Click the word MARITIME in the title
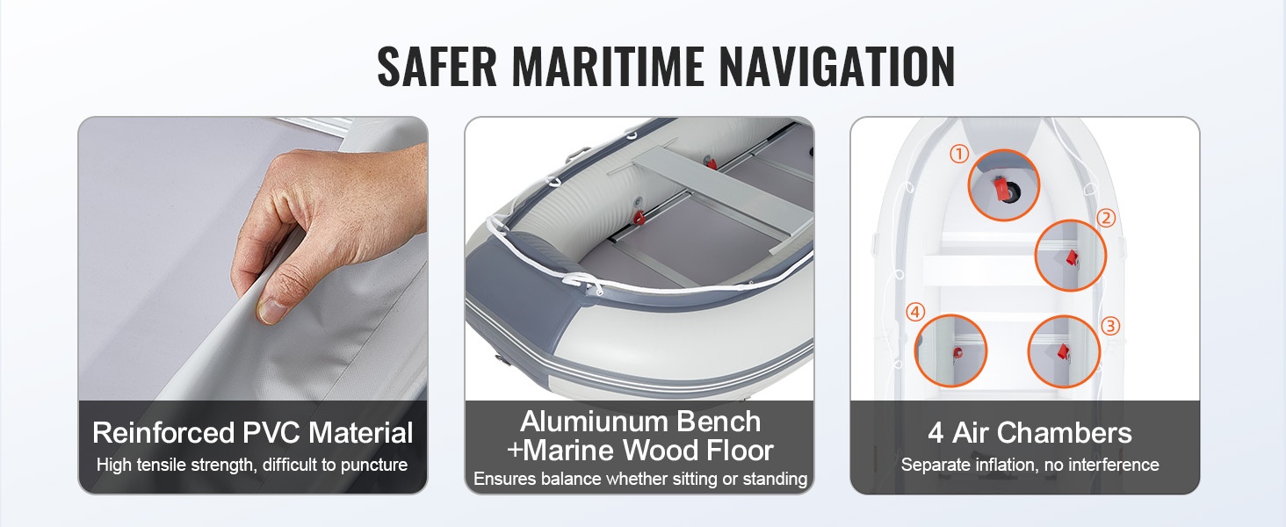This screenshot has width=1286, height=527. [607, 66]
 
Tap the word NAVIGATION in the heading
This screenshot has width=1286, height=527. [837, 66]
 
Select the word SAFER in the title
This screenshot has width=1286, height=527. [437, 66]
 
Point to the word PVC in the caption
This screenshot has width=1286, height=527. [271, 432]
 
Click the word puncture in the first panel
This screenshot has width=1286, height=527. [374, 465]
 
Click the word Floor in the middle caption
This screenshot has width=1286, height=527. [740, 450]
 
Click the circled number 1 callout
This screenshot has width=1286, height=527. [958, 154]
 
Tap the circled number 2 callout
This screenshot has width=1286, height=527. [1106, 218]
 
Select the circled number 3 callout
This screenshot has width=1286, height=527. [1110, 326]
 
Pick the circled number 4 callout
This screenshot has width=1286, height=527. [915, 312]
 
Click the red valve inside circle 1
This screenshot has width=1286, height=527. [1001, 189]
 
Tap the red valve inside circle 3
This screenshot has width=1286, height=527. [1063, 352]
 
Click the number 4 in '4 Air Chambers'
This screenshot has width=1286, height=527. [936, 433]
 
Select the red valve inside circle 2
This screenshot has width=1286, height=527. [1072, 257]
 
